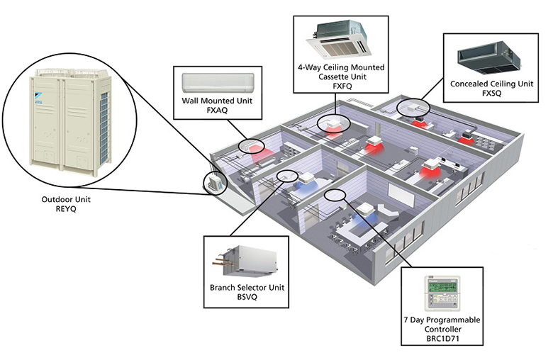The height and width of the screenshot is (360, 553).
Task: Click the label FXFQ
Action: (x=341, y=86)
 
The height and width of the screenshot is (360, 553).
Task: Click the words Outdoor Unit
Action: (x=66, y=200)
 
